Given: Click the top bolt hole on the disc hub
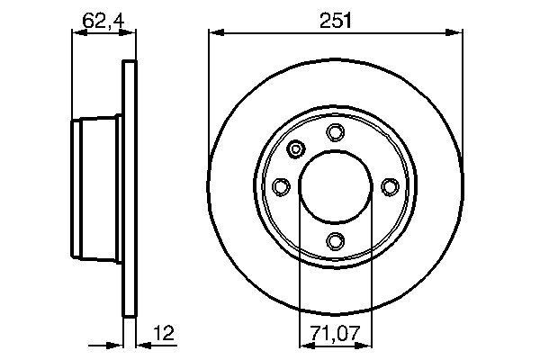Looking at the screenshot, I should (335, 133).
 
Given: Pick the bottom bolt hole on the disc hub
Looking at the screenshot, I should (335, 240).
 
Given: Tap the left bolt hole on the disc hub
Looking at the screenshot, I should (281, 186).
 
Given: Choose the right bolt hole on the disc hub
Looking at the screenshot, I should (389, 186).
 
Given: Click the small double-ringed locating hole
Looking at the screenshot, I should (297, 149).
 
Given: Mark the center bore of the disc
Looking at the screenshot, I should (335, 186).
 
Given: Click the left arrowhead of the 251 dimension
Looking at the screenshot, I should (215, 33).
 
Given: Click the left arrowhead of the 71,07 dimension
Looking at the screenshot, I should (304, 345).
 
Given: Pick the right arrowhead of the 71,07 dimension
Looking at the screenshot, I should (365, 345).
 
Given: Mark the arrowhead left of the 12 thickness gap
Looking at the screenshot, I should (116, 345).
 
